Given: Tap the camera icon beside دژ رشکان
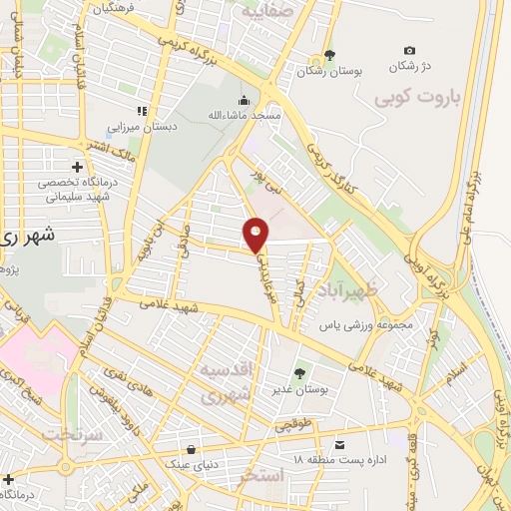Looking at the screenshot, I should point(410,51).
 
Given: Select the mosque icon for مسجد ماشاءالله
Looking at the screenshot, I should point(245,101).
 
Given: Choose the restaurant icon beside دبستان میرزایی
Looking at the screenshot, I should point(142,111).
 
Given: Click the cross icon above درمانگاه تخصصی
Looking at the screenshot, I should point(77,167).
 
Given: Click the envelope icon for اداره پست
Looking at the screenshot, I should point(339,444).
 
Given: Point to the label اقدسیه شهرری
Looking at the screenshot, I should point(228,381).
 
